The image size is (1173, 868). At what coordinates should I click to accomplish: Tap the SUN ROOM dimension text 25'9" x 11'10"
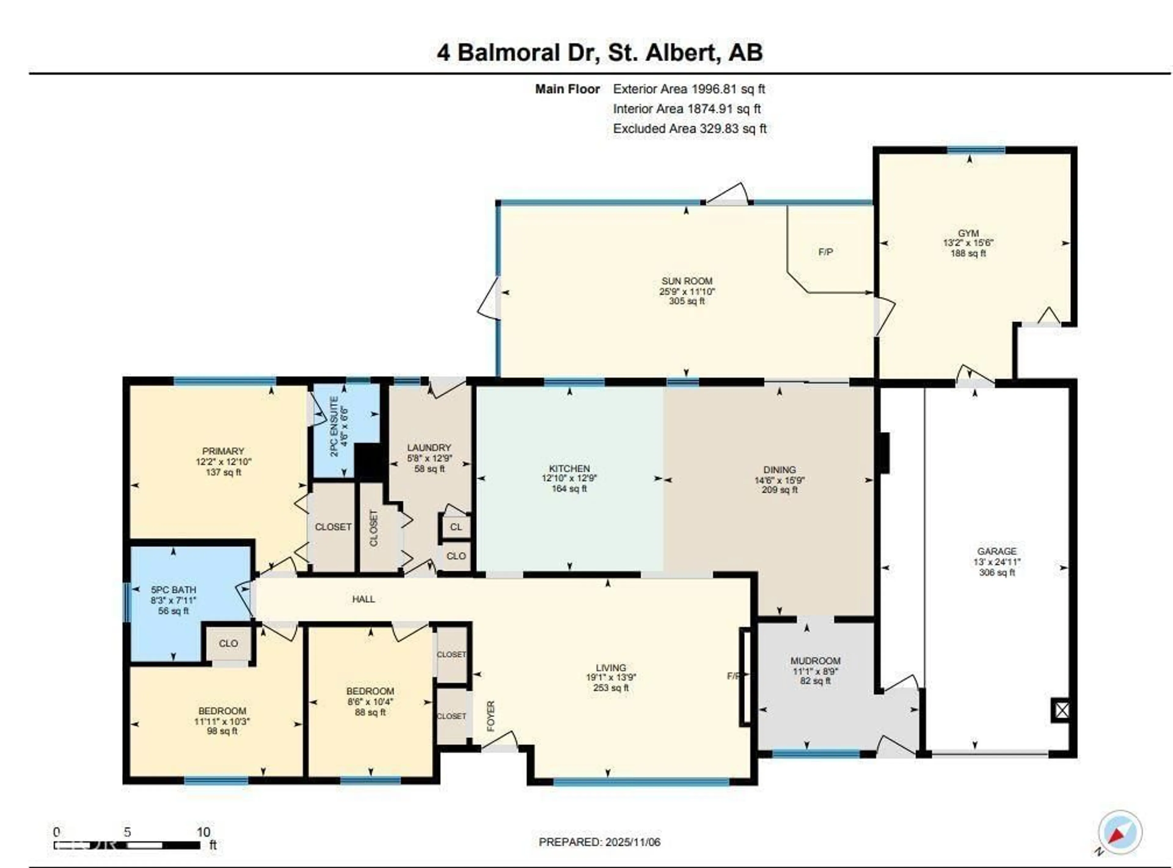(687, 291)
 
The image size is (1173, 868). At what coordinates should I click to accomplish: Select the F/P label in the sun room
(825, 252)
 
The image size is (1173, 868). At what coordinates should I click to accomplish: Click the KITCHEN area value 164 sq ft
(569, 489)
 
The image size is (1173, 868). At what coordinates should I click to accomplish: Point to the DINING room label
(780, 469)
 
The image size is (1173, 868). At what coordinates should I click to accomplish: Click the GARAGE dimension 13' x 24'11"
(996, 562)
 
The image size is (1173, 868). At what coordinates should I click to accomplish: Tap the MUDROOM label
(815, 661)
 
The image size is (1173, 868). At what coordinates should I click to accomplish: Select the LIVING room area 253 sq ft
(611, 688)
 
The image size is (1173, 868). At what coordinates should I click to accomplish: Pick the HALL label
(364, 599)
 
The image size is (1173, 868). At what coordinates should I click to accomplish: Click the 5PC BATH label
(173, 590)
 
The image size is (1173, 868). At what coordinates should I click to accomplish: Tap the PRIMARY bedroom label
(223, 451)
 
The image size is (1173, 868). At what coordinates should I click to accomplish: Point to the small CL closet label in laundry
(456, 526)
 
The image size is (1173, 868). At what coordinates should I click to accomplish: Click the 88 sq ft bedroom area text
(370, 712)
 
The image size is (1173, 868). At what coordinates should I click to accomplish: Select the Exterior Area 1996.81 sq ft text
(689, 89)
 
